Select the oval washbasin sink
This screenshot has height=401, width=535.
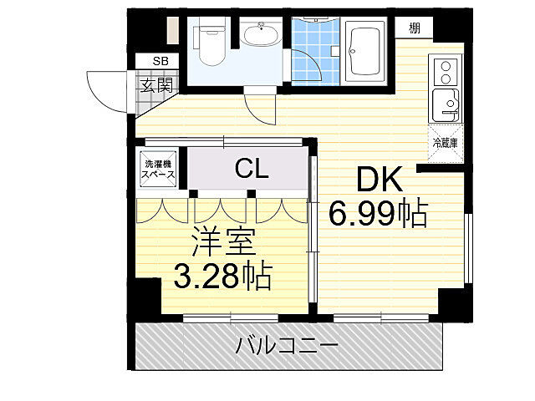click(x=261, y=38)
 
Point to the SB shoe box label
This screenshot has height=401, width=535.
click(x=159, y=61)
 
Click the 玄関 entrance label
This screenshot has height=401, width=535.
click(x=156, y=84)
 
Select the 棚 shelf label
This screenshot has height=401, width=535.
click(x=415, y=28)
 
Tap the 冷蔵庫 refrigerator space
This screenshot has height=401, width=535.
click(x=445, y=142)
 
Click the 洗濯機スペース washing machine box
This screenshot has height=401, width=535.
click(x=158, y=170)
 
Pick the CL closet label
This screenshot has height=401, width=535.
click(x=251, y=170)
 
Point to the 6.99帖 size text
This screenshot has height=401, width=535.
click(x=378, y=215)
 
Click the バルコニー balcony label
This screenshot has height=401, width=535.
click(x=287, y=344)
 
